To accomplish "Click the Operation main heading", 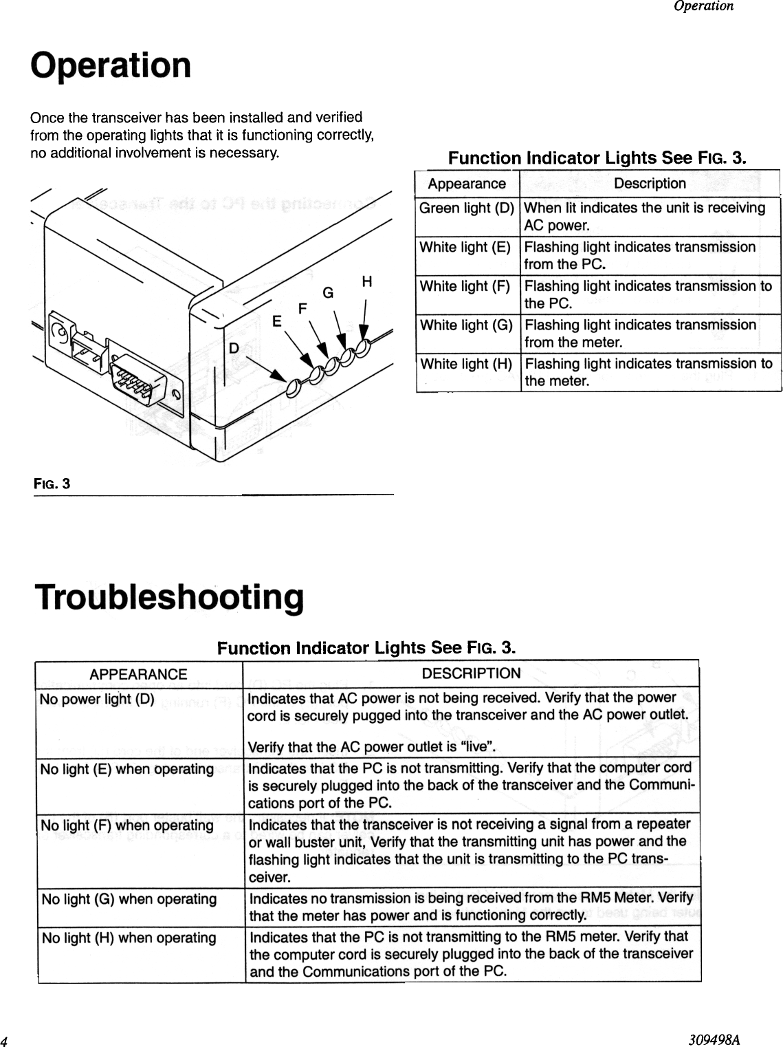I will tap(111, 66).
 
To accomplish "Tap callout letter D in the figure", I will tap(234, 349).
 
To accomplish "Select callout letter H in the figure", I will tap(367, 282).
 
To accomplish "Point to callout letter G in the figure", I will tap(329, 294).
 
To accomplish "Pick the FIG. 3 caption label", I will tap(52, 484).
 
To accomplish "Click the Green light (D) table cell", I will tap(467, 208).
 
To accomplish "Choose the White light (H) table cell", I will tap(466, 364).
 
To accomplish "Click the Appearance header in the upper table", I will tap(466, 184).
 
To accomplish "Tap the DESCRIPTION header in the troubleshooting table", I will tap(471, 673).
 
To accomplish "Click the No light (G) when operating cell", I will tap(129, 899).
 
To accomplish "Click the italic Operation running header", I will tap(703, 6).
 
